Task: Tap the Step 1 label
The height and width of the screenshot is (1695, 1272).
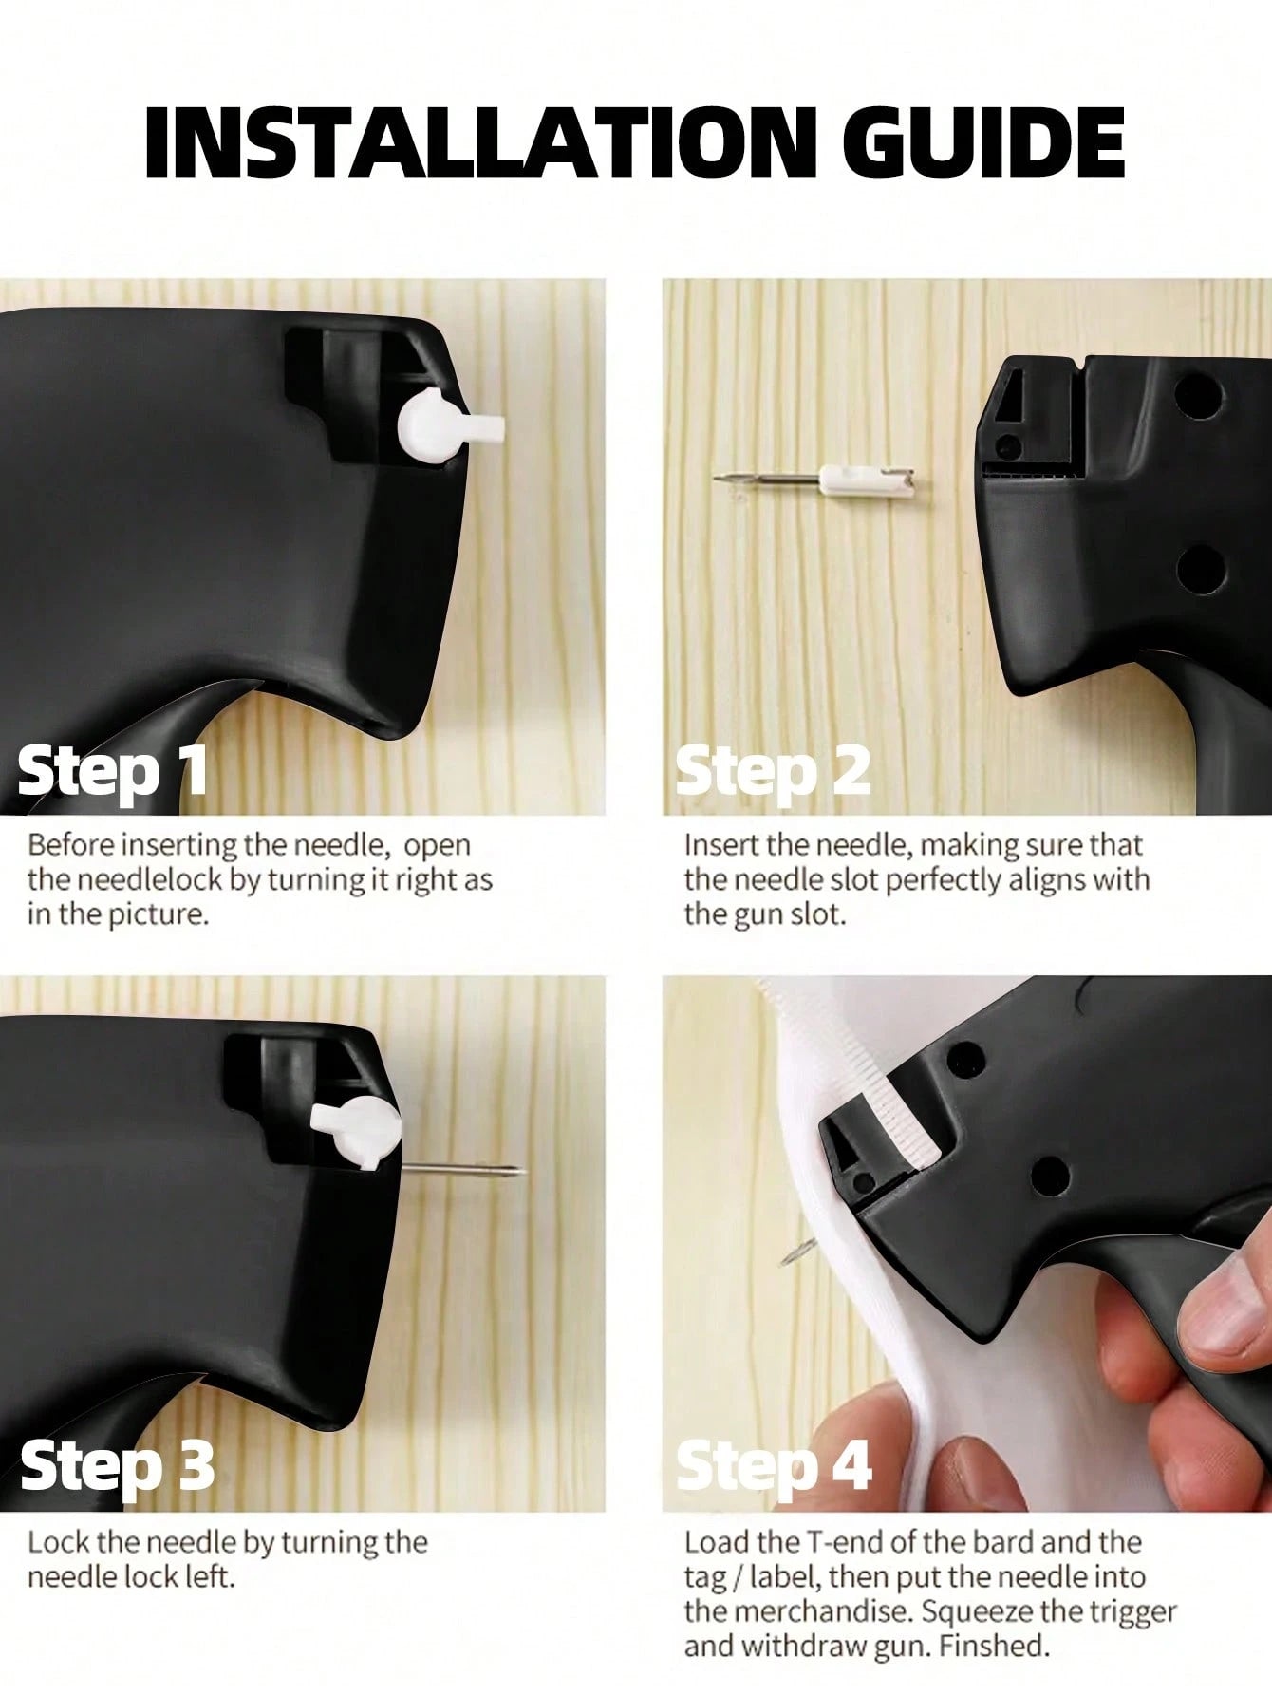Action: (112, 772)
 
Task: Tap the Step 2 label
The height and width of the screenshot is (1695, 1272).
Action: (773, 772)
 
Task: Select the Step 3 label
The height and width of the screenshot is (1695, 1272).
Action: (117, 1465)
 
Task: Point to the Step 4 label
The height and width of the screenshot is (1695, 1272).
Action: (774, 1465)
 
